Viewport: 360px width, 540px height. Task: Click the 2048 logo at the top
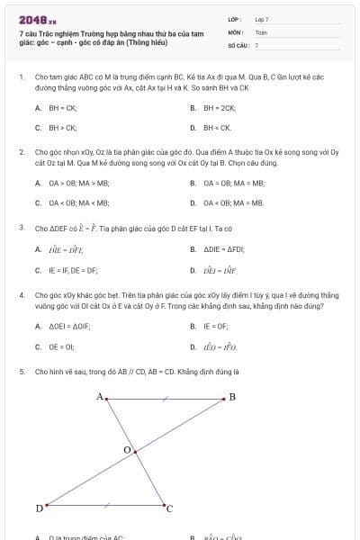click(x=37, y=19)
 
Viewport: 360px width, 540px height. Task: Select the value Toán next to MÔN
click(x=261, y=31)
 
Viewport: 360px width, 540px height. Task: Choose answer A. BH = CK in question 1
click(x=57, y=107)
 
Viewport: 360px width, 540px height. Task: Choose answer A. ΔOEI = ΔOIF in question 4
click(x=64, y=326)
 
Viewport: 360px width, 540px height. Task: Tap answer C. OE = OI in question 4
click(x=56, y=346)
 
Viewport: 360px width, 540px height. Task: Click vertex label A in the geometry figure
click(x=100, y=396)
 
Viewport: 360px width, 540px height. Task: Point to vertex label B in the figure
click(x=232, y=396)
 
